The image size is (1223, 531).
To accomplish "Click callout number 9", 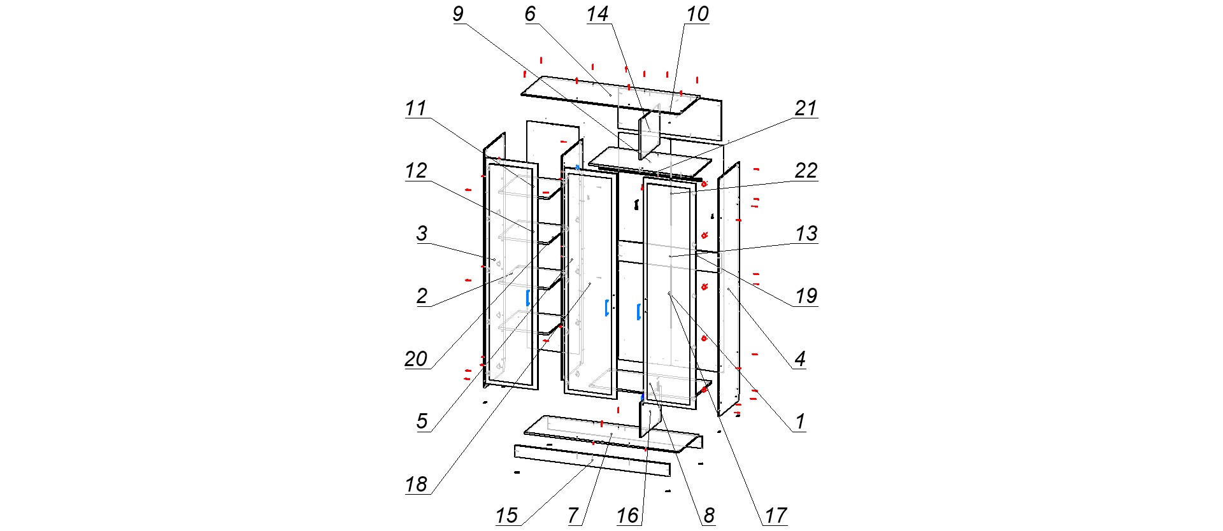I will tap(458, 14).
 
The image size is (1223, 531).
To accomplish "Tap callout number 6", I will tap(530, 14).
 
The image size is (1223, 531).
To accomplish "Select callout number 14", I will tap(597, 14).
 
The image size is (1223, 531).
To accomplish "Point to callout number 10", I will tap(697, 14).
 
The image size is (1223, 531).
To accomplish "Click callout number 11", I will tap(416, 108).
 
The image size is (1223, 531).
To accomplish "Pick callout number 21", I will tap(806, 108).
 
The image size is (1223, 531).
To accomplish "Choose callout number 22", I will tap(806, 171).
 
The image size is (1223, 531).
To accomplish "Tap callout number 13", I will tap(806, 233).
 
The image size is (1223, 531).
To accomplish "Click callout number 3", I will tap(422, 233).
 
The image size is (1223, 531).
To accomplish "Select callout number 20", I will tap(416, 358).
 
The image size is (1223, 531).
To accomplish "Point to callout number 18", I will tap(416, 485).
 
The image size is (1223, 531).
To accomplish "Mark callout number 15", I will tap(507, 515).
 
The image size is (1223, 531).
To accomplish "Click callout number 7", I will tap(573, 515).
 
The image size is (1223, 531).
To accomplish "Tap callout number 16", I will tap(628, 515).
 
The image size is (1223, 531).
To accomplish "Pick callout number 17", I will tap(776, 515).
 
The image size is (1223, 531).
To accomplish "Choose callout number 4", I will tap(800, 358).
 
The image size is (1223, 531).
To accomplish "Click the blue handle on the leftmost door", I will tap(528, 297).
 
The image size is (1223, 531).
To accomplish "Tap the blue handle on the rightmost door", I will tap(638, 312).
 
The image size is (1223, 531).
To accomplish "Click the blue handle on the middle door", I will tap(606, 308).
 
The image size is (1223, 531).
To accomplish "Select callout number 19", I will tap(806, 296).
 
